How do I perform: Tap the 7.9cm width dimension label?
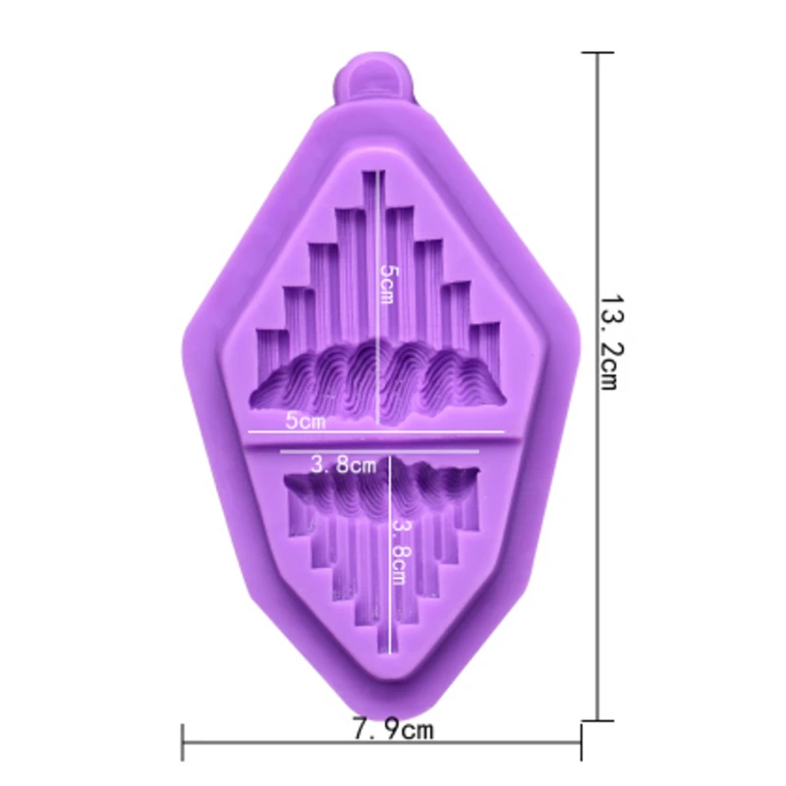click(x=393, y=729)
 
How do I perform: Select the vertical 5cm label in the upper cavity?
click(x=388, y=284)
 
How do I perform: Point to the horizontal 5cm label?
click(x=306, y=421)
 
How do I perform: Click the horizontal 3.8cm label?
click(x=343, y=465)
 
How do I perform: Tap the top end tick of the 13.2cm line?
click(x=597, y=52)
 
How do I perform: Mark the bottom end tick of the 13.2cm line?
click(x=597, y=720)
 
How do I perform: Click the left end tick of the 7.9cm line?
click(x=183, y=743)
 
